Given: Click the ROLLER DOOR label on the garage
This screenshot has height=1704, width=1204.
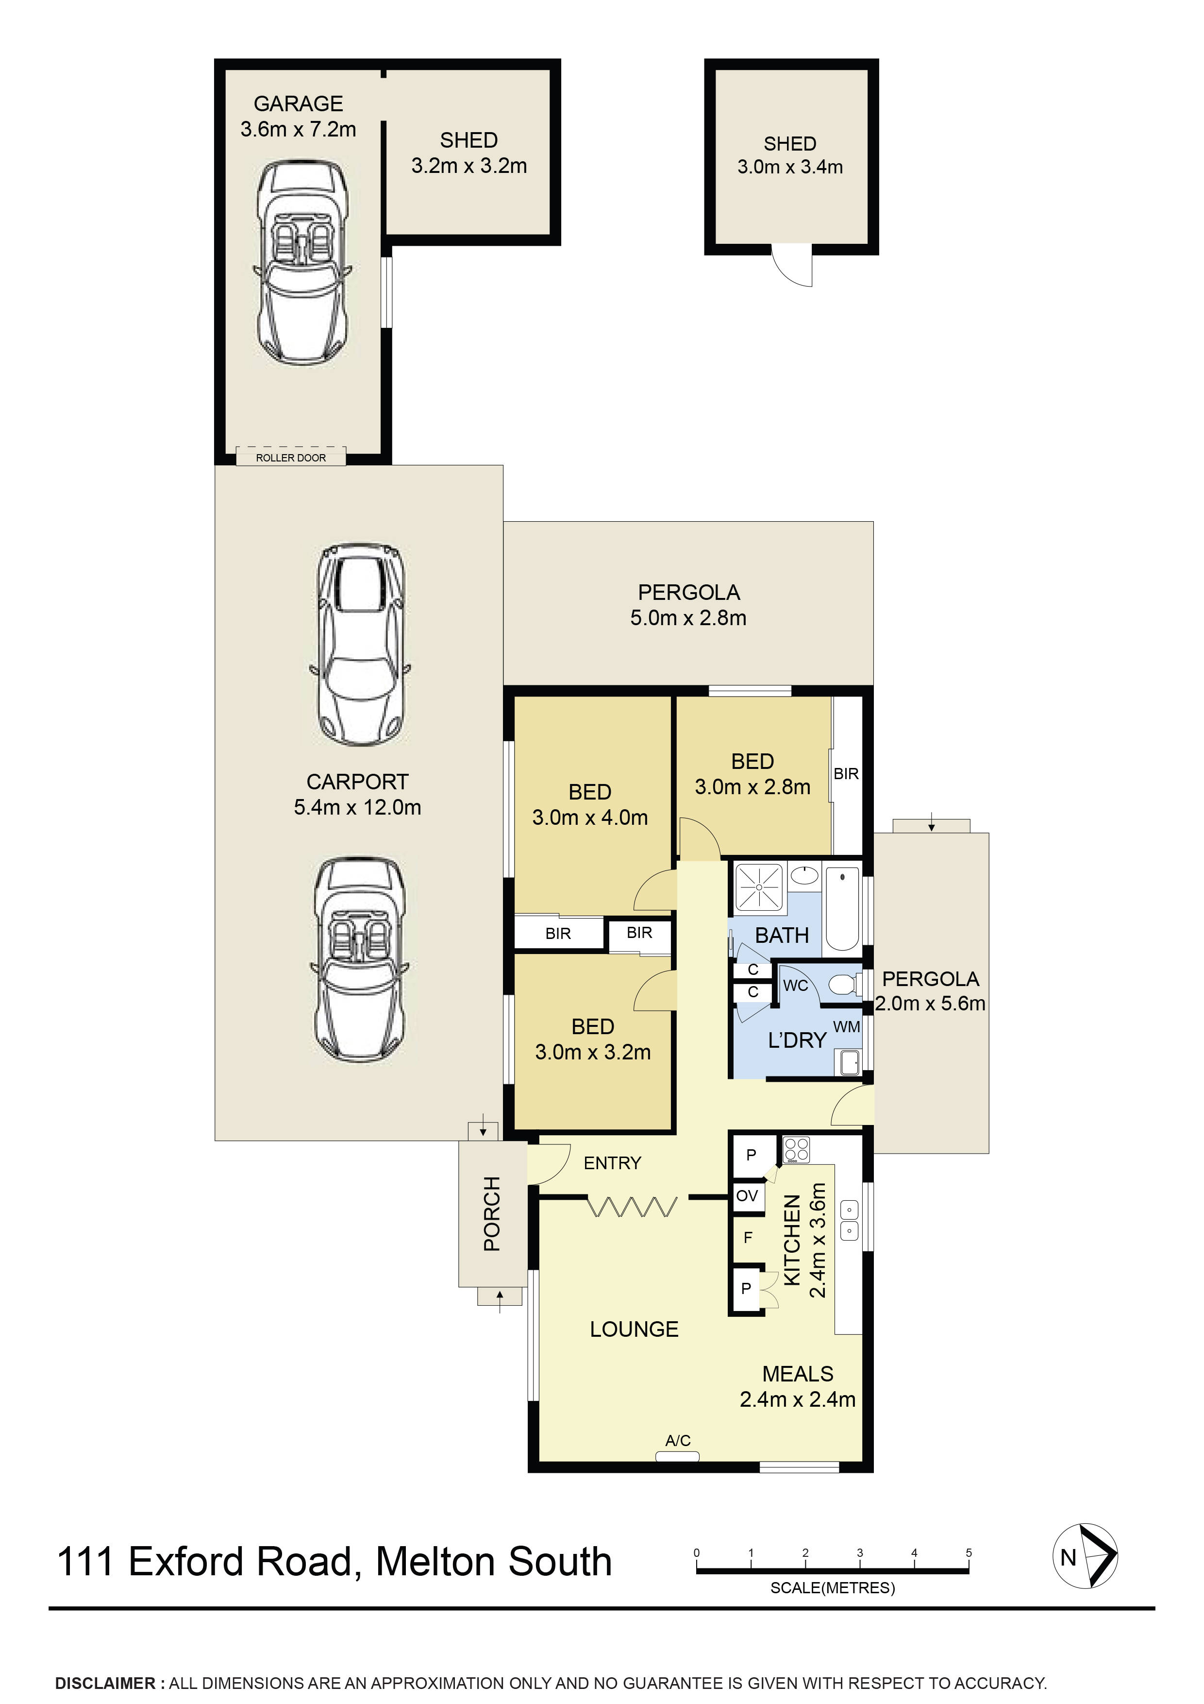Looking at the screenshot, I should [291, 458].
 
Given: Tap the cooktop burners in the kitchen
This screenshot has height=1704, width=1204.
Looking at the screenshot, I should [797, 1150].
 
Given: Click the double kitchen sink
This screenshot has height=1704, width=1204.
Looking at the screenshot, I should [849, 1221].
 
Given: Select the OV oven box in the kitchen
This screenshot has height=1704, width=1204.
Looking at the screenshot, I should [747, 1195].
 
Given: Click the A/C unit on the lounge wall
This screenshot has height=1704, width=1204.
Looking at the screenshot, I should [677, 1456].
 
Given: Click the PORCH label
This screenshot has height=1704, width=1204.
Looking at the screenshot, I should [492, 1213].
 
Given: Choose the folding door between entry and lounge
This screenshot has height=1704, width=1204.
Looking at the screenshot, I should [632, 1207].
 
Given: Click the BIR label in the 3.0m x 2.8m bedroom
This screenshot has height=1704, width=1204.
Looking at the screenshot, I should [846, 774].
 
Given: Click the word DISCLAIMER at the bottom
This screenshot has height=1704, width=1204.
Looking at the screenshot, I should [104, 1683].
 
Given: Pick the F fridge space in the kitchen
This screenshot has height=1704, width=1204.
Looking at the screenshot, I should [748, 1237].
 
